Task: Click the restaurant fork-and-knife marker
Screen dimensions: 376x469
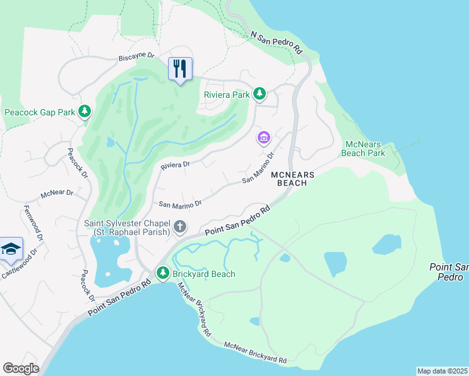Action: (181, 68)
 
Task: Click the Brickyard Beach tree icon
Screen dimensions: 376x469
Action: (163, 273)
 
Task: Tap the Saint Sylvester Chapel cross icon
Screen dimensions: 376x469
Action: (180, 226)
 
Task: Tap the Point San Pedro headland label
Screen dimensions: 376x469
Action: (449, 271)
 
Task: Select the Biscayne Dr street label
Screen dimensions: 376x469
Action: (136, 58)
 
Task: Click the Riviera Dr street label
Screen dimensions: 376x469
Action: (175, 165)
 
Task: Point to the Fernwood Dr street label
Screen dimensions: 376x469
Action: (33, 224)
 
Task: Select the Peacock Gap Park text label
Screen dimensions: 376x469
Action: (40, 113)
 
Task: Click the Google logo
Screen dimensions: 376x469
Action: (21, 368)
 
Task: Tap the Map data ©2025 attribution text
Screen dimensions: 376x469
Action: (442, 370)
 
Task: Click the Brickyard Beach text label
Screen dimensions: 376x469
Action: (204, 274)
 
